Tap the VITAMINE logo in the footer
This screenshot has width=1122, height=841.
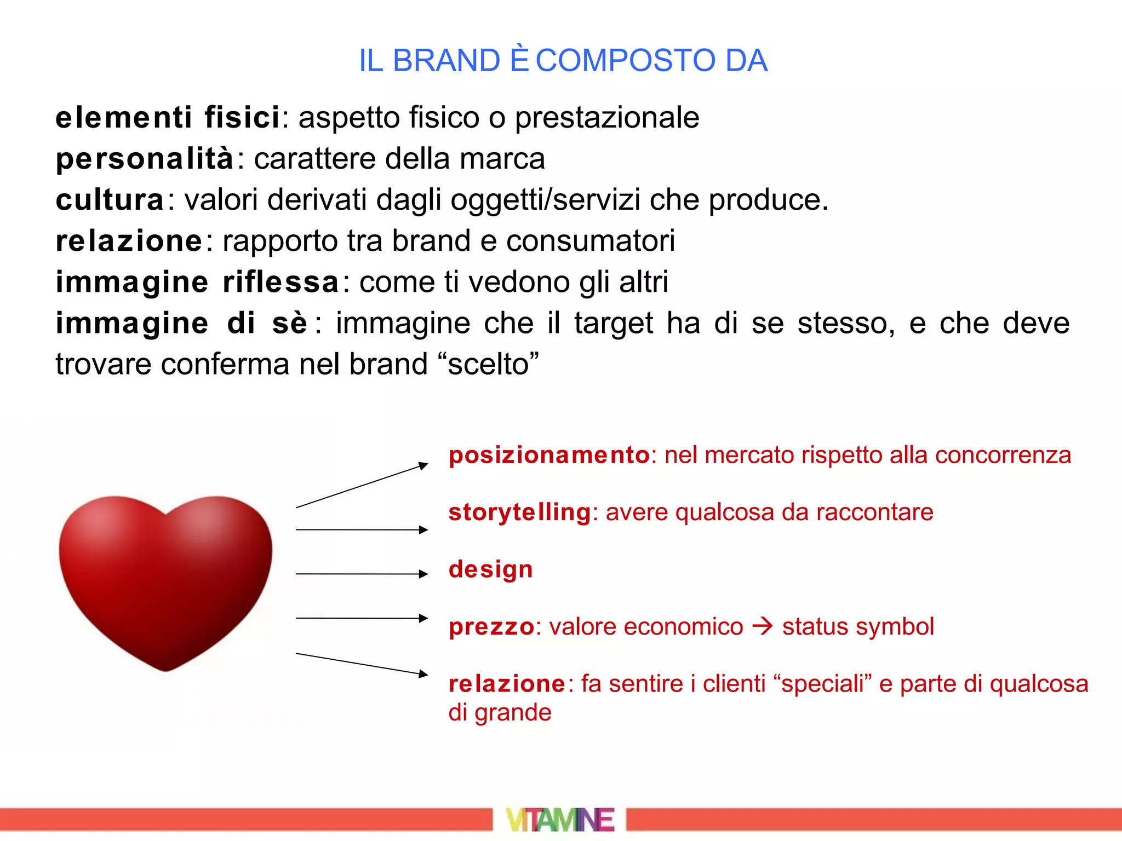pyautogui.click(x=560, y=820)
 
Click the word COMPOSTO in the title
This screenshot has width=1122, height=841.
pyautogui.click(x=625, y=60)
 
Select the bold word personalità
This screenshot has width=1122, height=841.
pyautogui.click(x=145, y=159)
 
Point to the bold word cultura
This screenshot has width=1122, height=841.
pyautogui.click(x=110, y=200)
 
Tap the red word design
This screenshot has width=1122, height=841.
pyautogui.click(x=490, y=569)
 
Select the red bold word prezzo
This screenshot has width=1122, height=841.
pyautogui.click(x=491, y=627)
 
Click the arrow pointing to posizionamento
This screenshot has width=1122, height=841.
pyautogui.click(x=362, y=486)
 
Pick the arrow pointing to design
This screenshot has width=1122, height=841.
pyautogui.click(x=362, y=574)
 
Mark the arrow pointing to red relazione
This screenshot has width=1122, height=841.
pyautogui.click(x=362, y=664)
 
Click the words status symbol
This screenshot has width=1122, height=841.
pyautogui.click(x=857, y=627)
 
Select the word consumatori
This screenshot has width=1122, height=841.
pyautogui.click(x=590, y=241)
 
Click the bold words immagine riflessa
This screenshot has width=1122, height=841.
pyautogui.click(x=197, y=283)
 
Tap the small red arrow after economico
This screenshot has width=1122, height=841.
pyautogui.click(x=762, y=626)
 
